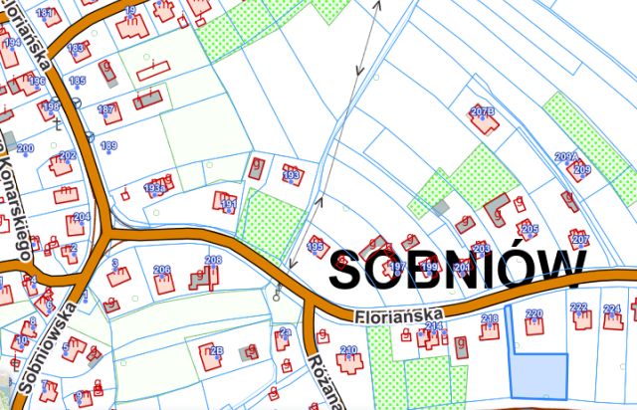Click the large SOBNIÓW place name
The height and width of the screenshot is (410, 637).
[x=457, y=269]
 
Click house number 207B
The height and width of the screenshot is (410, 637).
[x=483, y=110]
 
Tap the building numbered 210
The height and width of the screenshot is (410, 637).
[x=348, y=350]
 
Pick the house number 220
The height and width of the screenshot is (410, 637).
[x=533, y=315]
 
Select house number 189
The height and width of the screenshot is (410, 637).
[x=108, y=146]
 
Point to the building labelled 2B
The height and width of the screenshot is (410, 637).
[x=216, y=350]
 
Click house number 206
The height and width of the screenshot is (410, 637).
[x=162, y=271]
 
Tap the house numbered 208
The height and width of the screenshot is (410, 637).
[x=212, y=261]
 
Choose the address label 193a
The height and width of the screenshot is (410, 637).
[x=154, y=187]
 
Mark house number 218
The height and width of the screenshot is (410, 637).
[x=490, y=318]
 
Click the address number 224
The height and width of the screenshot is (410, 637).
[x=612, y=309]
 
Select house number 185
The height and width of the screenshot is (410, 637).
[x=77, y=81]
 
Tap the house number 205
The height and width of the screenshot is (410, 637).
[x=529, y=229]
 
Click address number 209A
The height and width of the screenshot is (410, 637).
[x=566, y=157]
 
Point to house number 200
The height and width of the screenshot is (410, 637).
[x=25, y=148]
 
